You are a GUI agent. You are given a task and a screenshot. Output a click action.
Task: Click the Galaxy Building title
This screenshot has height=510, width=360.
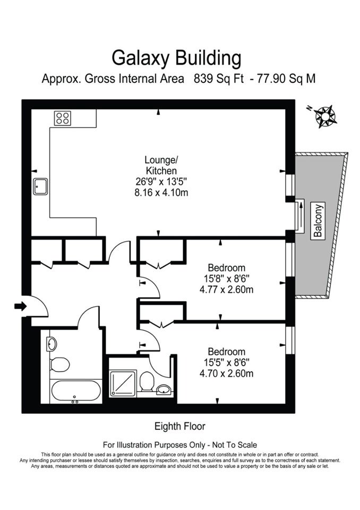[177, 58]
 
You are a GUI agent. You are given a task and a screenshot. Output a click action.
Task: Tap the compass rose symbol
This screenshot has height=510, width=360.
[325, 116]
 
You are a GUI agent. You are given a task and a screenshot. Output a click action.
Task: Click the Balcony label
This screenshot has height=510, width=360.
[318, 220]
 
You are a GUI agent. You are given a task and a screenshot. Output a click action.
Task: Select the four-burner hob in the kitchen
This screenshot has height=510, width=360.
[63, 118]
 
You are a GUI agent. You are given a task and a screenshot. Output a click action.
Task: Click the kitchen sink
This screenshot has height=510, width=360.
[40, 186]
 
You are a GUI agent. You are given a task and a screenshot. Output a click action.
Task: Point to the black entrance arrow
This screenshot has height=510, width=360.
[21, 306]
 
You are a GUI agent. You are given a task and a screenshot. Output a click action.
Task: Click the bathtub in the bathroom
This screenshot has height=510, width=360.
[76, 392]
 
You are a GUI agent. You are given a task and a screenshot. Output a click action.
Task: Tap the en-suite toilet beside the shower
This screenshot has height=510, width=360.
[147, 381]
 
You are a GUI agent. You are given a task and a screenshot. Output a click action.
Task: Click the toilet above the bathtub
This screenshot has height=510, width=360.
[59, 364]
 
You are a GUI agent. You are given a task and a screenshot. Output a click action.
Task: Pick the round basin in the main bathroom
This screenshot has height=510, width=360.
[52, 344]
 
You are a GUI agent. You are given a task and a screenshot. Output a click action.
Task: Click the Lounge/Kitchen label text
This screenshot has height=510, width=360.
[161, 165]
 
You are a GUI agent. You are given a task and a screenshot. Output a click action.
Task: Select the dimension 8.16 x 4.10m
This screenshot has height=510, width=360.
[161, 192]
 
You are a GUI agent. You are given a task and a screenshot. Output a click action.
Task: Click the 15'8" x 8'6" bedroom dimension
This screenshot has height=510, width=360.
[226, 279]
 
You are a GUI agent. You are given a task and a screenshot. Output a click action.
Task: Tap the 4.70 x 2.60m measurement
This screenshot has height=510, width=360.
[226, 373]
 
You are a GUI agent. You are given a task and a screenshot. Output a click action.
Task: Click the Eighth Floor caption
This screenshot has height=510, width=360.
[180, 426]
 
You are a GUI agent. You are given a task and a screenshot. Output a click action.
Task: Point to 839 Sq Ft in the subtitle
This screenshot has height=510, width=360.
[219, 79]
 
